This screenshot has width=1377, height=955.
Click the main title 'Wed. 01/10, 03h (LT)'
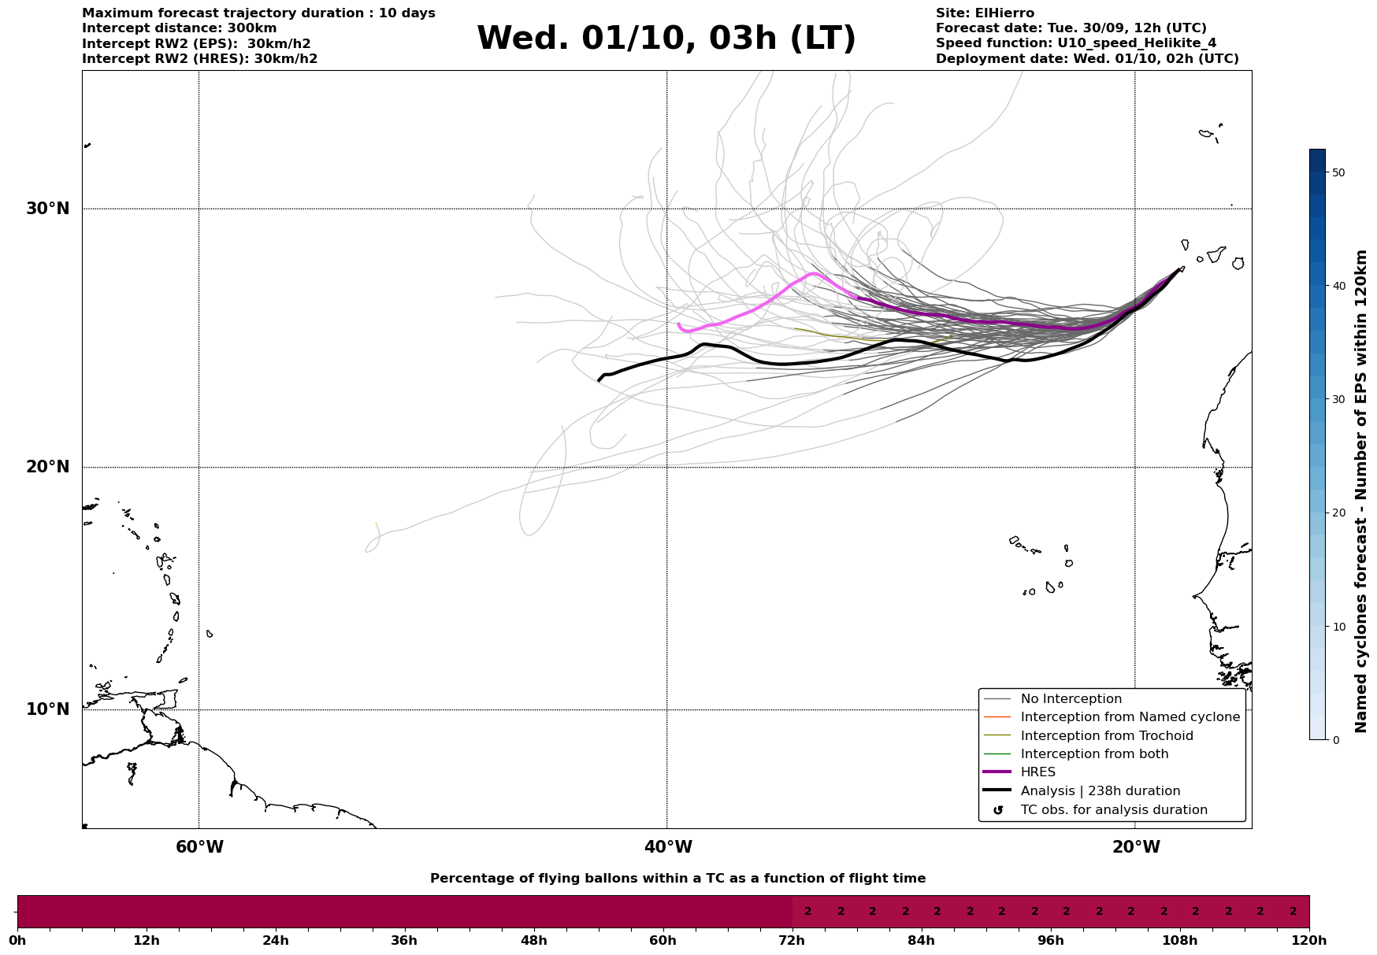pos(666,39)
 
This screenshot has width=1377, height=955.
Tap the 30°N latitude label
pos(47,209)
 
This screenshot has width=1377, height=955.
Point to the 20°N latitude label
pos(47,467)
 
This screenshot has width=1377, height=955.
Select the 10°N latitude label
pos(47,709)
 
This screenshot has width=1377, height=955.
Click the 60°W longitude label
pos(199,847)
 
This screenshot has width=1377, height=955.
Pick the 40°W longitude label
pos(668,847)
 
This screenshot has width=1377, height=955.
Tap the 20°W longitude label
pos(1136,847)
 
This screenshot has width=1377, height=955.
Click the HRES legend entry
pos(1037,772)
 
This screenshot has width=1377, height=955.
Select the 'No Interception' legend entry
pos(1071,699)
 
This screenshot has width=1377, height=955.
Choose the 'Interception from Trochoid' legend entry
pos(1106,736)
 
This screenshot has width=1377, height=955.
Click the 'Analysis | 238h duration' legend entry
pos(1100,791)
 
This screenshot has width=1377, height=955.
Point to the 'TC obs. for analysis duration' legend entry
pos(1113,810)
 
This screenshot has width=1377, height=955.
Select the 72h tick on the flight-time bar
pos(792,940)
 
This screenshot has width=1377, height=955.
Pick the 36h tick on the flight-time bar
pos(404,940)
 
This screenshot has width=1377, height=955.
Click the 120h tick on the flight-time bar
pos(1309,940)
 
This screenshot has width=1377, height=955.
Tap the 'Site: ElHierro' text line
pos(985,13)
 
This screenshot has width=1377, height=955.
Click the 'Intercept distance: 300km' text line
pos(180,28)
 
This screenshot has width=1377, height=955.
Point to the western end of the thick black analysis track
pos(599,380)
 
